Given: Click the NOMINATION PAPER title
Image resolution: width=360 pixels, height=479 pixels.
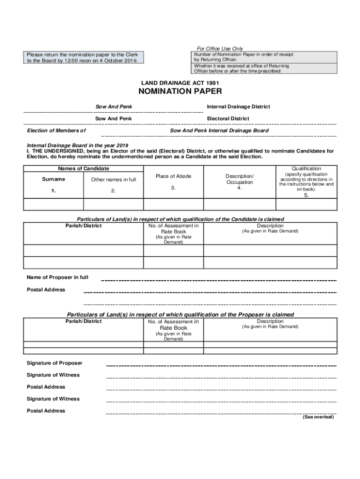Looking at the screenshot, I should pyautogui.click(x=179, y=91).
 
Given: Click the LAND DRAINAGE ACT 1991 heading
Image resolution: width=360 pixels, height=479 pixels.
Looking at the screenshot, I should pyautogui.click(x=180, y=83).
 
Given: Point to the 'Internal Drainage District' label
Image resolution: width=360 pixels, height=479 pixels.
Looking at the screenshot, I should pyautogui.click(x=238, y=107).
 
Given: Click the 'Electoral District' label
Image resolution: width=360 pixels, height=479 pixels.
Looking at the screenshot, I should pyautogui.click(x=228, y=119).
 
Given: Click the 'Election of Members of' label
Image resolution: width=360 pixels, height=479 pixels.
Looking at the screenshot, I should pyautogui.click(x=56, y=131).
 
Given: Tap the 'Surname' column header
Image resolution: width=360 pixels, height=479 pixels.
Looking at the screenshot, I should pyautogui.click(x=54, y=179).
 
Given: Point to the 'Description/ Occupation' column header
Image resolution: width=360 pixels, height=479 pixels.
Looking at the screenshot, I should pyautogui.click(x=239, y=179).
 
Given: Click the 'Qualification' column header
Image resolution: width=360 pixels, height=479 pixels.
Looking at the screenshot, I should pyautogui.click(x=306, y=168).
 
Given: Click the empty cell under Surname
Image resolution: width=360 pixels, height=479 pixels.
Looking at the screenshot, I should pyautogui.click(x=54, y=204).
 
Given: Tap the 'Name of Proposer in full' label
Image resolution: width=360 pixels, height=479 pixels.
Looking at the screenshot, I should pyautogui.click(x=58, y=277).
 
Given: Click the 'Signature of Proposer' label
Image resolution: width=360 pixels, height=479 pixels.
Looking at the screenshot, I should pyautogui.click(x=55, y=363).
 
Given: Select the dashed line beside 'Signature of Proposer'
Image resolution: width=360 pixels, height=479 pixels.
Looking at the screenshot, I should pyautogui.click(x=221, y=366).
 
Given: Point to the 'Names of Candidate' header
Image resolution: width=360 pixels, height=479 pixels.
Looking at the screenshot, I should pyautogui.click(x=84, y=168).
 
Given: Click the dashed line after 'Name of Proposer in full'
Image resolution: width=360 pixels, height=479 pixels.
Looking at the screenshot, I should pyautogui.click(x=218, y=281).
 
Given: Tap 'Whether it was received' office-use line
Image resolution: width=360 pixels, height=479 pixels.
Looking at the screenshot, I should pyautogui.click(x=242, y=69).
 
